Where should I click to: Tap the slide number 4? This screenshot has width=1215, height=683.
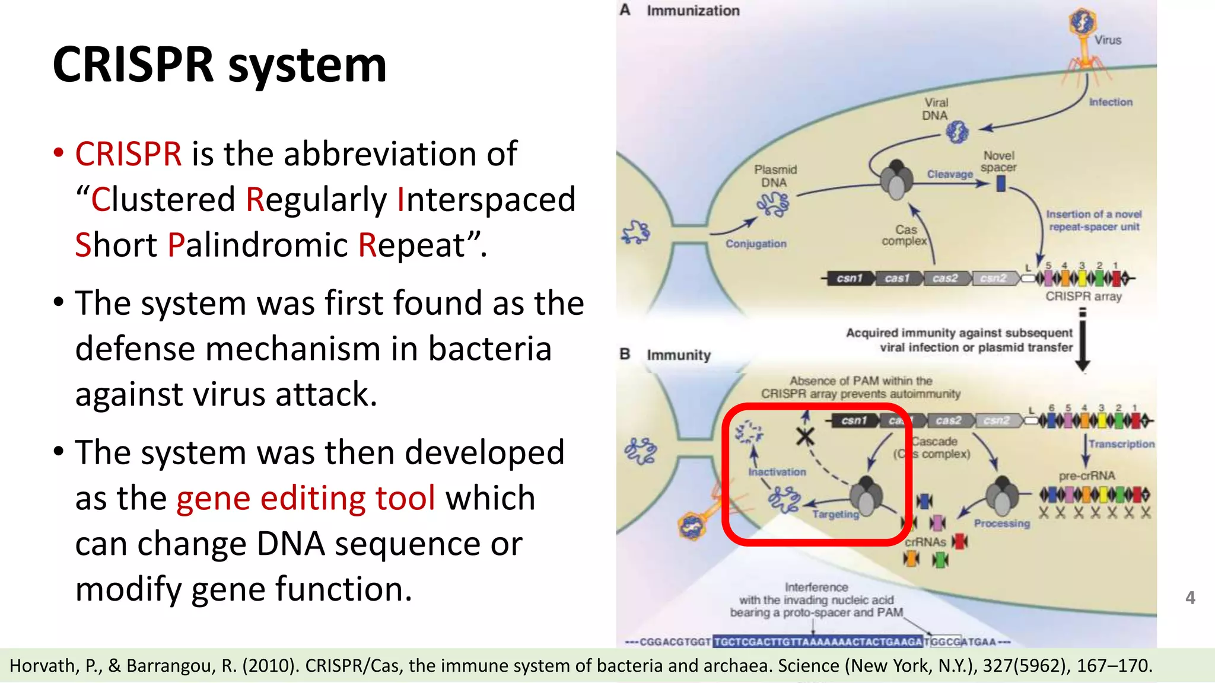tap(1189, 598)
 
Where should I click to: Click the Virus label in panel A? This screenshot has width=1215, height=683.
tap(1108, 40)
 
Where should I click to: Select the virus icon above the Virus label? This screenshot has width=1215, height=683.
tap(1083, 23)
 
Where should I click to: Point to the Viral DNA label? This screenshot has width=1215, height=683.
tap(936, 109)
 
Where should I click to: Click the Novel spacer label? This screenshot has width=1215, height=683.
tap(998, 161)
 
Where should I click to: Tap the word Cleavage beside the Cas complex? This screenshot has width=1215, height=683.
tap(950, 174)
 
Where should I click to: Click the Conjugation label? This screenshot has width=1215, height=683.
tap(756, 244)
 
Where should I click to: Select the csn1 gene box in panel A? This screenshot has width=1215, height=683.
tap(849, 278)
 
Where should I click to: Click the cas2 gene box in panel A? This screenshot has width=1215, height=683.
tap(944, 278)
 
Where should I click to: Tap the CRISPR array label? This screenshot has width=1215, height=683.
tap(1083, 296)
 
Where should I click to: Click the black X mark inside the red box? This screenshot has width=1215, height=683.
tap(805, 438)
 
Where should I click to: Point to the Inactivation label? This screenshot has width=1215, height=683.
tap(777, 472)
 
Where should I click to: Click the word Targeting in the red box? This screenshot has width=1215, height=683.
tap(835, 515)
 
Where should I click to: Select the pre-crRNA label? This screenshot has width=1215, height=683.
tap(1087, 475)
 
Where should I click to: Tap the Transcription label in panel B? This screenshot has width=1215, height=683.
tap(1121, 444)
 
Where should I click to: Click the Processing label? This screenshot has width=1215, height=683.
tap(1001, 524)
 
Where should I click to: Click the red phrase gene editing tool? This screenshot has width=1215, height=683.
tap(306, 498)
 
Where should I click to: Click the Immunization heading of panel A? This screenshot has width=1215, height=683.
tap(693, 11)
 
